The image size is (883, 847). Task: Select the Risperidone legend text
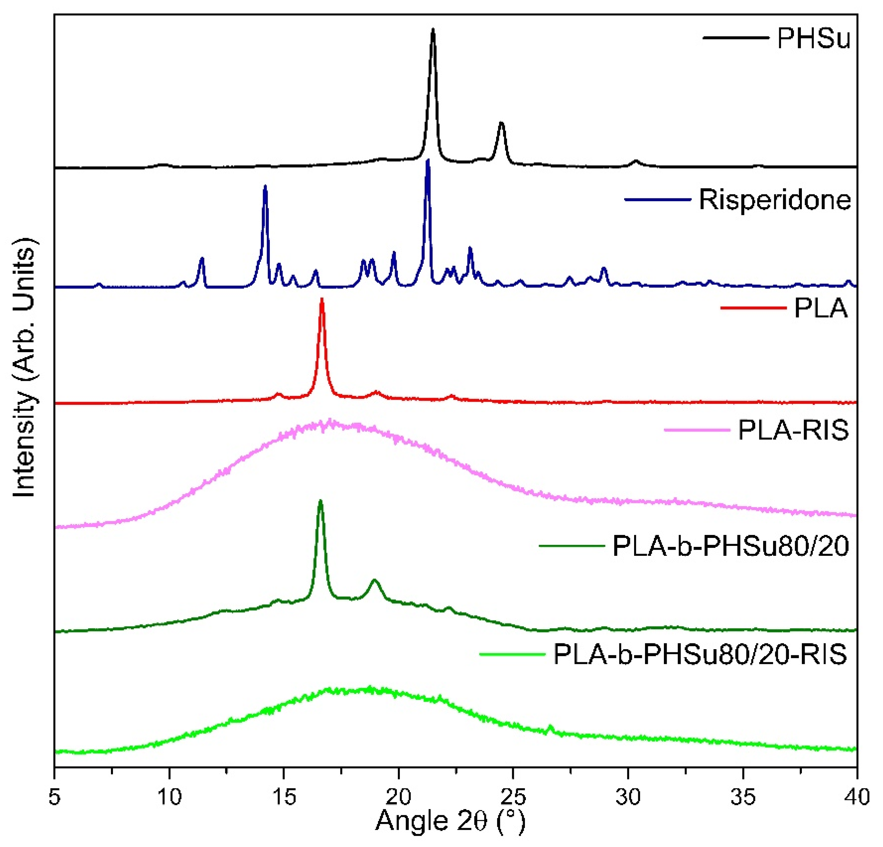click(775, 200)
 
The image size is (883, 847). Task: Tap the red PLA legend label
click(820, 309)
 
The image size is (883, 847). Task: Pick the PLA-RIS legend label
click(793, 431)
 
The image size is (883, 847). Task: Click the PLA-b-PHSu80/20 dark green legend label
click(731, 547)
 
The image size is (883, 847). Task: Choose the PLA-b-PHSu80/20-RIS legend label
click(700, 654)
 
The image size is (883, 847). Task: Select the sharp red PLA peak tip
click(321, 299)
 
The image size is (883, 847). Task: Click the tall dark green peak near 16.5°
click(320, 501)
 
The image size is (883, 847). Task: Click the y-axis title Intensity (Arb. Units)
click(25, 369)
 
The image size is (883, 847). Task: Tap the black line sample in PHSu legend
click(735, 38)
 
